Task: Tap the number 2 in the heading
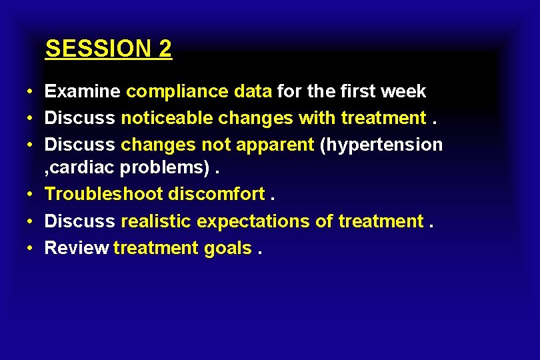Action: (x=165, y=49)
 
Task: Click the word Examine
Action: (x=83, y=91)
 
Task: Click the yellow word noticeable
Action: (x=167, y=118)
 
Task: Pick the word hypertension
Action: (x=381, y=145)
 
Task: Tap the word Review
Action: (x=77, y=248)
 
